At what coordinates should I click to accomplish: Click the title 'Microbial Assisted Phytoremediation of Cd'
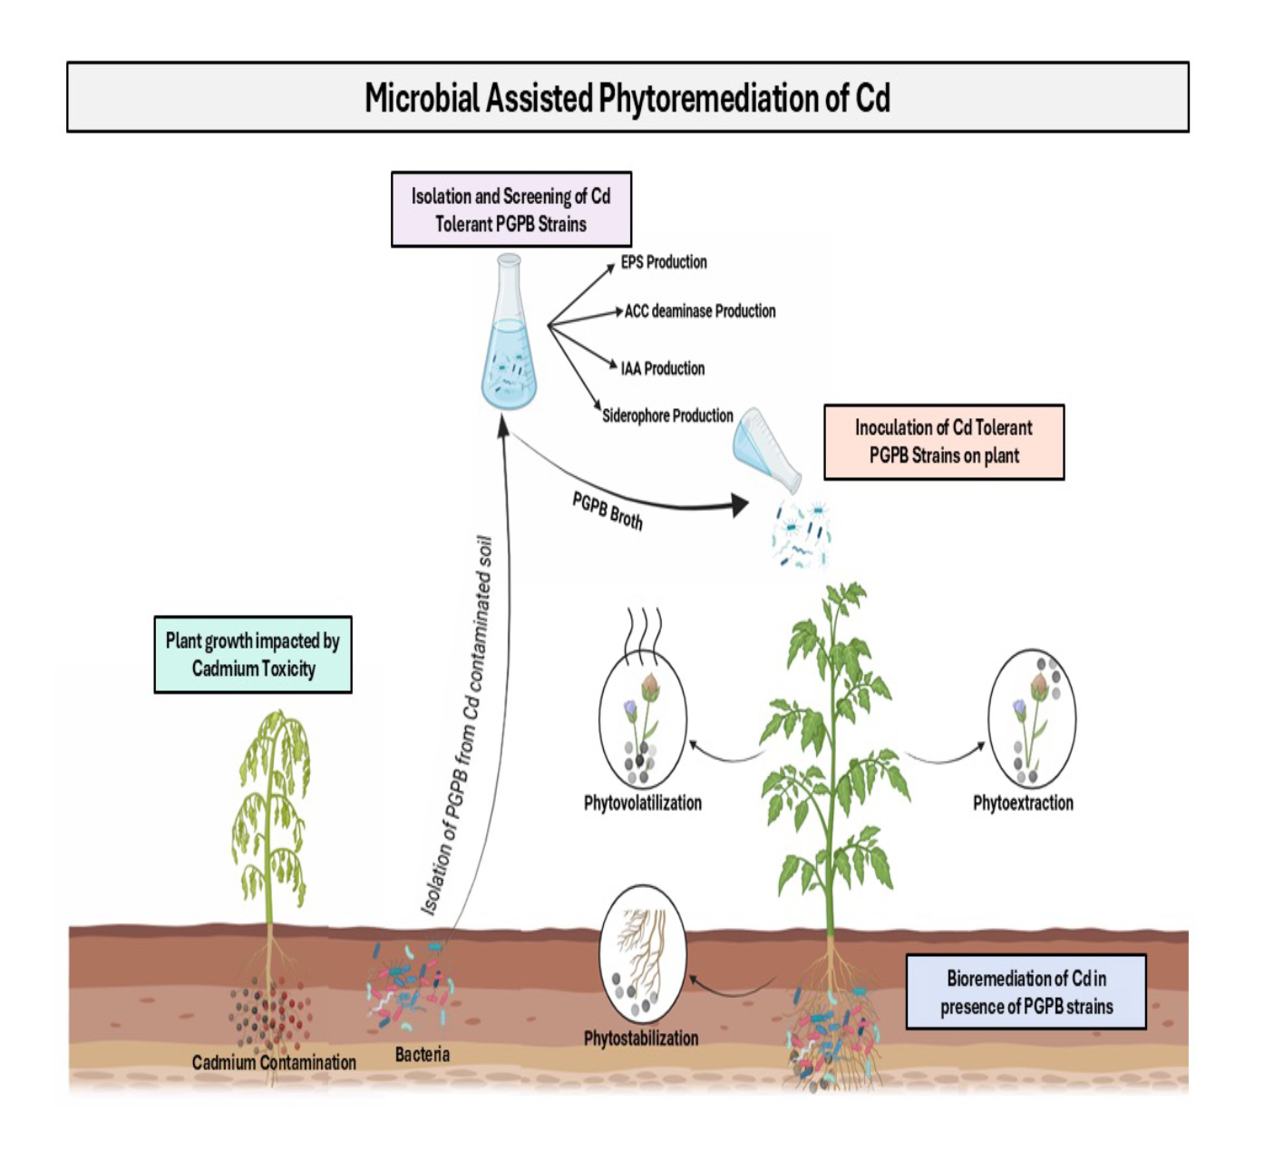(627, 98)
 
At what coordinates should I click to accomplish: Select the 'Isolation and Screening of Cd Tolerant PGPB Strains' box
(511, 210)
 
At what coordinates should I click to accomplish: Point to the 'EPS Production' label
(664, 262)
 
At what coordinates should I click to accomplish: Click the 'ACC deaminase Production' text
(700, 311)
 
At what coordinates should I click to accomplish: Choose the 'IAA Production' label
(663, 368)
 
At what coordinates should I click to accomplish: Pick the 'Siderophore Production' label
(667, 415)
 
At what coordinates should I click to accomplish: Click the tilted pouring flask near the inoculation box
(766, 449)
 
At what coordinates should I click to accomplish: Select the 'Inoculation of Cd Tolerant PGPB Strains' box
(944, 442)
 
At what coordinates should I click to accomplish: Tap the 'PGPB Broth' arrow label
(608, 511)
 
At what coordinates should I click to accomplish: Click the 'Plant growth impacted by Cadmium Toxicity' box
(253, 655)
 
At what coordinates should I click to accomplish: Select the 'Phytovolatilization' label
(643, 803)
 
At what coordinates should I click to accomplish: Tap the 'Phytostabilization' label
(641, 1039)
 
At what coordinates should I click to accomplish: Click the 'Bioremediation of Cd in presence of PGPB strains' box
(1026, 991)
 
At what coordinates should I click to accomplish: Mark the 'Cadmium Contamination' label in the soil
(274, 1062)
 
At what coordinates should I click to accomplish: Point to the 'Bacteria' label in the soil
(423, 1054)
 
